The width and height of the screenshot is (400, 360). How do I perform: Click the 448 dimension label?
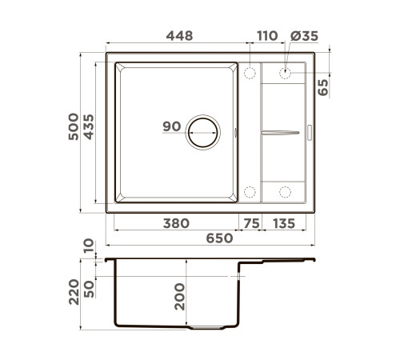click(179, 36)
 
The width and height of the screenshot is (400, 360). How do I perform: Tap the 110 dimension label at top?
click(267, 36)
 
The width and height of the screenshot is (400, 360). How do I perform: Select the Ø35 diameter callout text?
click(304, 36)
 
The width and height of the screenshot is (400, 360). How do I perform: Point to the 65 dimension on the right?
click(323, 87)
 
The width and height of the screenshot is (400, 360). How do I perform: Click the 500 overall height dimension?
click(74, 126)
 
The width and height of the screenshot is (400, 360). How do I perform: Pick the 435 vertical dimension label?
click(89, 127)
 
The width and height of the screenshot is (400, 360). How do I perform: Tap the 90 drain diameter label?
click(172, 126)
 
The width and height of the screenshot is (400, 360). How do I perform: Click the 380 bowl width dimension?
click(176, 223)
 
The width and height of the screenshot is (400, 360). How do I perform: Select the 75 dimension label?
click(251, 223)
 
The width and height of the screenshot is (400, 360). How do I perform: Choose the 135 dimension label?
click(284, 223)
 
